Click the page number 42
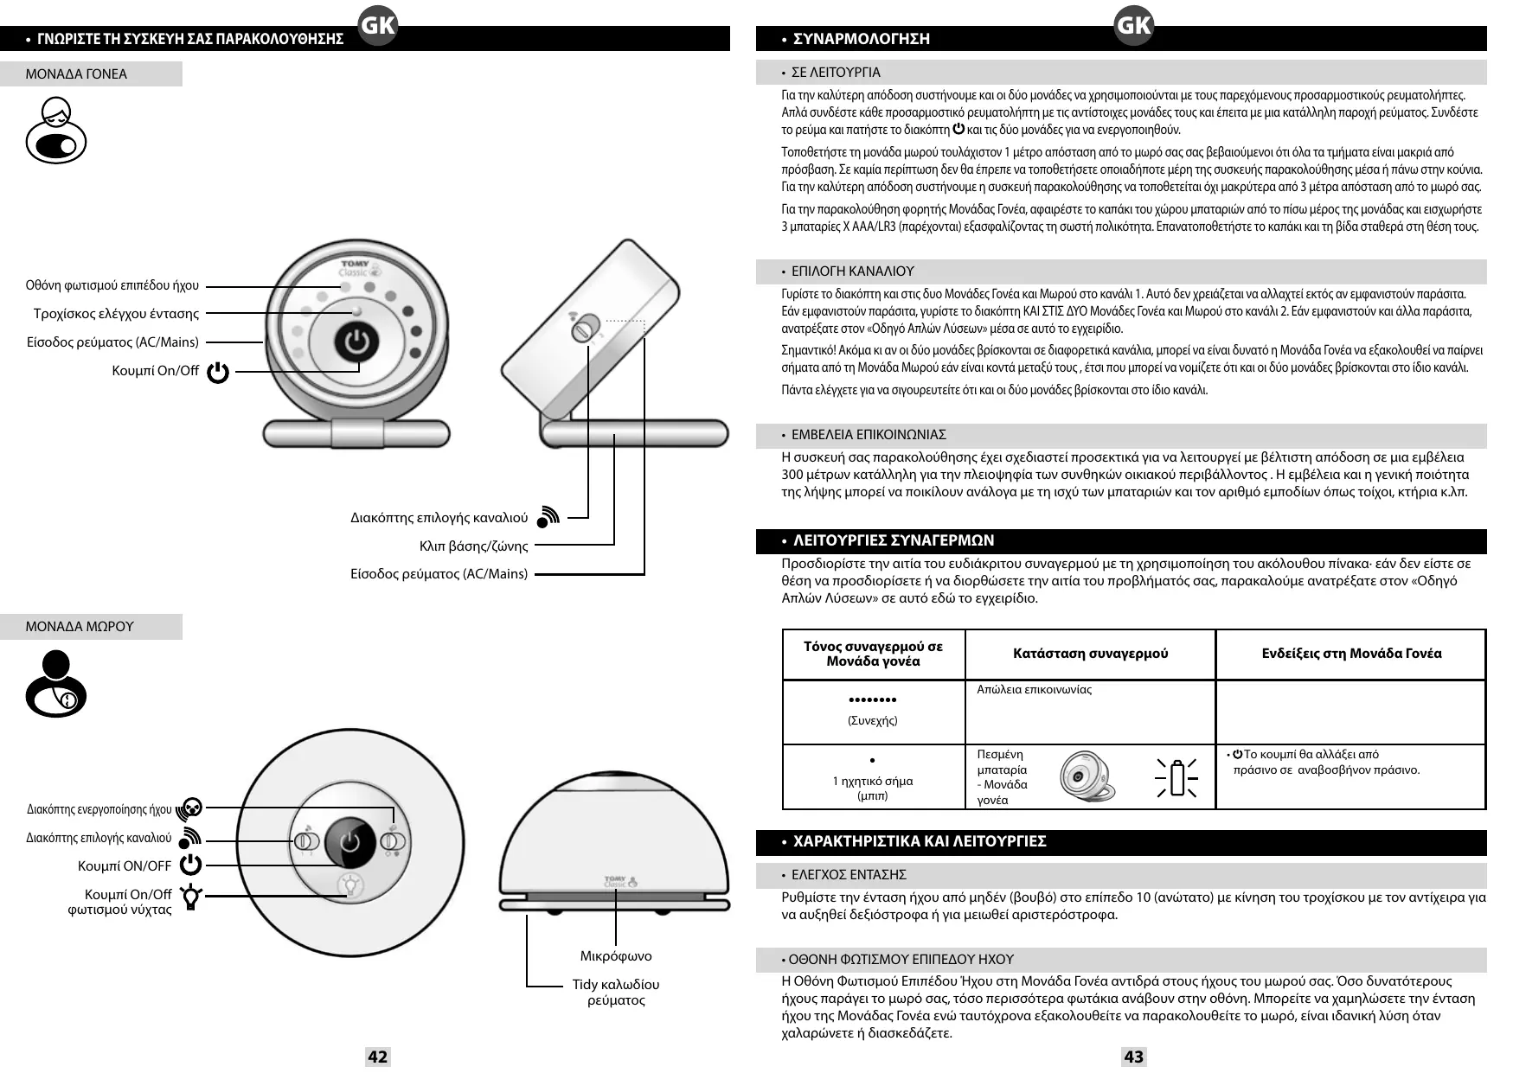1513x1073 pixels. [377, 1056]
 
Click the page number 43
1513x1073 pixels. [1133, 1056]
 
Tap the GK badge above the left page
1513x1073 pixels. [377, 26]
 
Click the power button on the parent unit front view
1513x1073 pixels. [356, 342]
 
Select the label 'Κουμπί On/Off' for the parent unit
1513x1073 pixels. [156, 371]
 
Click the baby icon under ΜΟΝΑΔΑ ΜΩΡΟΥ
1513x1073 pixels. [56, 684]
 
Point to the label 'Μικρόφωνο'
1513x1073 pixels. [616, 955]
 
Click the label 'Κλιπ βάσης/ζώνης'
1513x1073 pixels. [473, 546]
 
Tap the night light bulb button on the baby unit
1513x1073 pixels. [350, 885]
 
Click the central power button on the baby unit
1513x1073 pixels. [350, 840]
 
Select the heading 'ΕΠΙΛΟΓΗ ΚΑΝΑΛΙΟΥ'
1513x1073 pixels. [852, 271]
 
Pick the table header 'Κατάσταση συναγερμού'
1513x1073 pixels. [1090, 654]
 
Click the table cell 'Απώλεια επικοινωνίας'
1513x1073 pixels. [1034, 690]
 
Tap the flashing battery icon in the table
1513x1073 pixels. [1176, 776]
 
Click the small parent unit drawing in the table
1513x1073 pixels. [1087, 776]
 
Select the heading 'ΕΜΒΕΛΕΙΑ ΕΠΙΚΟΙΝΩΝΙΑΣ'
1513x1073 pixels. [868, 434]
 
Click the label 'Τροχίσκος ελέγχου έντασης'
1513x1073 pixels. [116, 314]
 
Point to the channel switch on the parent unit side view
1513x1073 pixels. [586, 328]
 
